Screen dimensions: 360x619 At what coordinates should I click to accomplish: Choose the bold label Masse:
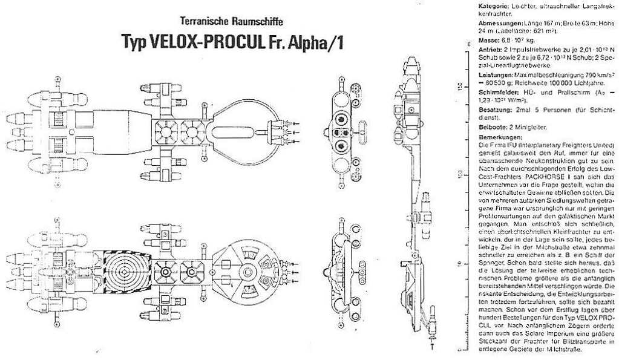490,39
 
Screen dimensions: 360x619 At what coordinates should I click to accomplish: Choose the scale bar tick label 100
460,175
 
